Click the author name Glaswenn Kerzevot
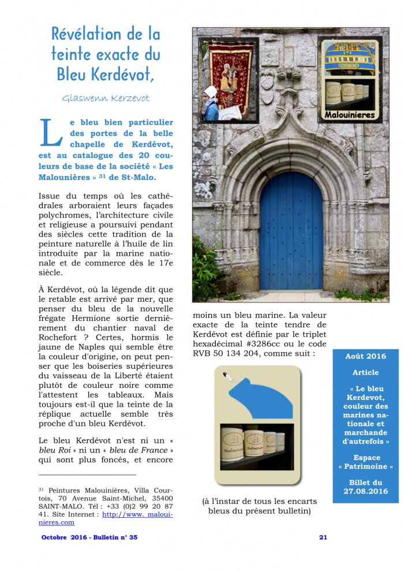(x=106, y=98)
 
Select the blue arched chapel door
(x=291, y=236)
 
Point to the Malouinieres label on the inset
(x=350, y=115)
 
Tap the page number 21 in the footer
(x=323, y=537)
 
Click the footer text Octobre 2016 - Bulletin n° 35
(x=89, y=537)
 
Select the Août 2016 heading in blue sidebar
(x=365, y=356)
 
